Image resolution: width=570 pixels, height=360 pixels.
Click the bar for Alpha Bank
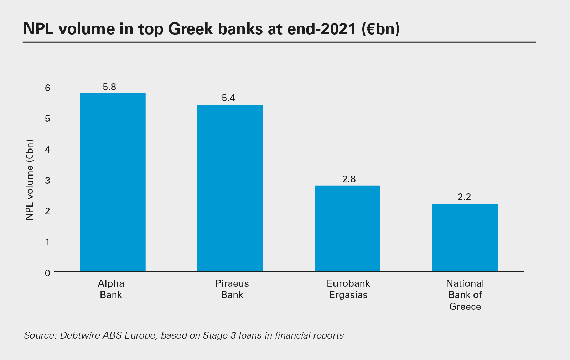pyautogui.click(x=113, y=182)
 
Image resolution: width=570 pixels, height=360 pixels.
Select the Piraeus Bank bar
pyautogui.click(x=230, y=188)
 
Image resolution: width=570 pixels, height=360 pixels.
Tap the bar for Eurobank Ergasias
pyautogui.click(x=347, y=229)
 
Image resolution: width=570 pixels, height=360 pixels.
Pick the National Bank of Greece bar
pyautogui.click(x=465, y=238)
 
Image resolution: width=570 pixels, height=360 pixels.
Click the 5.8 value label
pyautogui.click(x=109, y=87)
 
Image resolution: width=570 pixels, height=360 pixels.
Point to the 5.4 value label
pyautogui.click(x=228, y=98)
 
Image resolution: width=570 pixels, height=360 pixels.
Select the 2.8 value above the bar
pyautogui.click(x=349, y=179)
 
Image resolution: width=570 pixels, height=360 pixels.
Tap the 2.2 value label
pyautogui.click(x=464, y=197)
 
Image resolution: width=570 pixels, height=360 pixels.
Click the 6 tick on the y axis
pyautogui.click(x=47, y=88)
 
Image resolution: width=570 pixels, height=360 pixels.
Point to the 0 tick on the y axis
pyautogui.click(x=47, y=273)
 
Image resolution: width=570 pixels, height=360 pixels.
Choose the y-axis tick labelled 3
pyautogui.click(x=47, y=181)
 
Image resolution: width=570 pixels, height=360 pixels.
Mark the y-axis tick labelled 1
pyautogui.click(x=47, y=242)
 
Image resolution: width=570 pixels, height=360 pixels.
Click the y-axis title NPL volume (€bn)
pyautogui.click(x=30, y=180)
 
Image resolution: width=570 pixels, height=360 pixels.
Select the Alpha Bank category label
pyautogui.click(x=111, y=289)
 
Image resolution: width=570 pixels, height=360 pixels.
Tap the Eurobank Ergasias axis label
pyautogui.click(x=348, y=289)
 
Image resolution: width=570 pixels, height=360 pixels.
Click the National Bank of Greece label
pyautogui.click(x=465, y=295)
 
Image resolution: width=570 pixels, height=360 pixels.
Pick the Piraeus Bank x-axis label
pyautogui.click(x=232, y=289)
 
